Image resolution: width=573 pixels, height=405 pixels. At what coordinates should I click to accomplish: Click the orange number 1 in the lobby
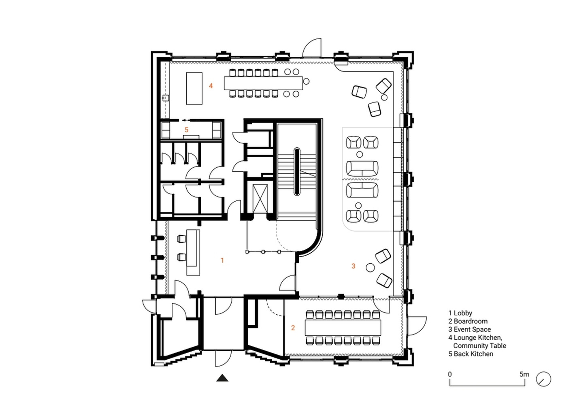(x=222, y=260)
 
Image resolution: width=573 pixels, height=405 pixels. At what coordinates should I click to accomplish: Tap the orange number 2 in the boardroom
(x=293, y=328)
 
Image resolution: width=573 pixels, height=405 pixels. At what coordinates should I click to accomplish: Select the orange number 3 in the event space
(x=353, y=266)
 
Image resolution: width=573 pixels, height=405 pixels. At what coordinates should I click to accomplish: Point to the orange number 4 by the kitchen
(x=211, y=86)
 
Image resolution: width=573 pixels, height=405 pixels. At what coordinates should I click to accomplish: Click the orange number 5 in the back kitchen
(x=187, y=130)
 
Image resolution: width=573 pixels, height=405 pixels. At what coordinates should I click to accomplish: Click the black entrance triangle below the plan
(x=222, y=378)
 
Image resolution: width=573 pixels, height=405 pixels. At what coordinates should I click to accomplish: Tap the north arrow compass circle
(x=543, y=379)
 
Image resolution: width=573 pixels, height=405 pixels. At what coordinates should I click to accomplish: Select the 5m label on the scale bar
(x=524, y=374)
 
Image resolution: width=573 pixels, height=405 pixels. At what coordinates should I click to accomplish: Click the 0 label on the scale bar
(x=450, y=374)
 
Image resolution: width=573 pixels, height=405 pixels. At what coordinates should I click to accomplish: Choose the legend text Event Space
(x=472, y=329)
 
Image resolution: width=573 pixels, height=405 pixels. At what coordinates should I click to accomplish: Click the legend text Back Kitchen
(x=473, y=354)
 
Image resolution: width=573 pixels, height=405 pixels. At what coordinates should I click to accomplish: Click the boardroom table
(x=343, y=328)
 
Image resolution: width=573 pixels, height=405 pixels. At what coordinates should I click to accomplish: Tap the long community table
(x=263, y=83)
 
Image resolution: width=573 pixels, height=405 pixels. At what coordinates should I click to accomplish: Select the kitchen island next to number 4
(x=194, y=88)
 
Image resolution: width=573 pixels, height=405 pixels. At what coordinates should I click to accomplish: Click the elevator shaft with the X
(x=260, y=198)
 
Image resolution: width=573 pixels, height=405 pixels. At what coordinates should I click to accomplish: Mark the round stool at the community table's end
(x=306, y=81)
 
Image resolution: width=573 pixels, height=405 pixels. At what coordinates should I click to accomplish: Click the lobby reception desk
(x=193, y=252)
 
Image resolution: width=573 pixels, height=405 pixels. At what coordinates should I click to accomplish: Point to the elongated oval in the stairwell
(x=297, y=171)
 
